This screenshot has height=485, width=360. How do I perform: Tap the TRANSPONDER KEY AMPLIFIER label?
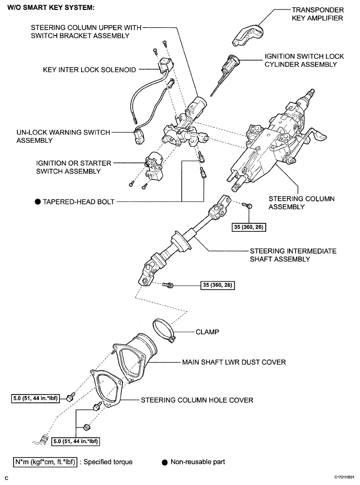click(317, 14)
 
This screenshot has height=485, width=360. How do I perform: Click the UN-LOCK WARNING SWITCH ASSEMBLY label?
click(63, 137)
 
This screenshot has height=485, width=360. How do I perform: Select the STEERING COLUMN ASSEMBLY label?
click(301, 203)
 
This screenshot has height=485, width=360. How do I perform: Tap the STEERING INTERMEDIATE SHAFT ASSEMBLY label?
click(293, 255)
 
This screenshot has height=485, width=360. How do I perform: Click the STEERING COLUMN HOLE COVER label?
click(197, 400)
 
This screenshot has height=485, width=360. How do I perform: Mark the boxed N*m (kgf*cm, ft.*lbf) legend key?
click(46, 462)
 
